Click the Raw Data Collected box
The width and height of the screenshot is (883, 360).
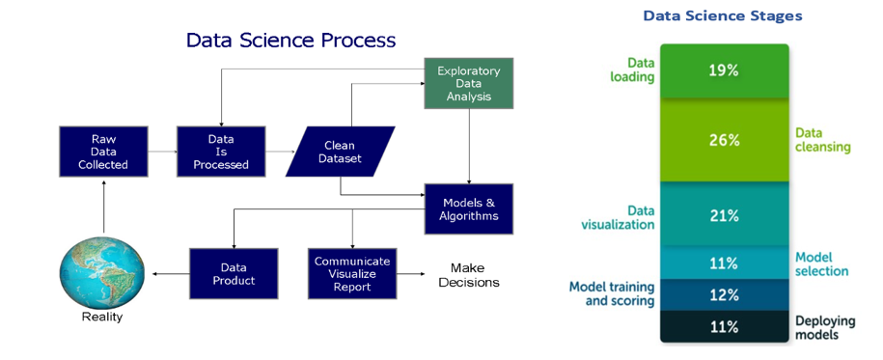103,152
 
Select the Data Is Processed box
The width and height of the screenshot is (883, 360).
221,152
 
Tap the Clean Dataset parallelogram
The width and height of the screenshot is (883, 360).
340,152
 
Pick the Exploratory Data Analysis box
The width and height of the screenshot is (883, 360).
469,83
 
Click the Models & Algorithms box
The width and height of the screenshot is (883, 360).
469,209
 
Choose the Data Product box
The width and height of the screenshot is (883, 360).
234,273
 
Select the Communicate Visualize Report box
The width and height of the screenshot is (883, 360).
352,273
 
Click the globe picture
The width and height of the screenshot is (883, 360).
102,273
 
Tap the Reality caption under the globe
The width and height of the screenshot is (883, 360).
102,317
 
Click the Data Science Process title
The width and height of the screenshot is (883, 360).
290,40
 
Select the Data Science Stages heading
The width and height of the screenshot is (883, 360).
723,15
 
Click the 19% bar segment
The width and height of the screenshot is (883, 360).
724,71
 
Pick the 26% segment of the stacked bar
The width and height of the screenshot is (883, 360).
724,140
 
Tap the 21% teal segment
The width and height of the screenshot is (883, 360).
724,214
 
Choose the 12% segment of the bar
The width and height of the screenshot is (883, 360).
724,294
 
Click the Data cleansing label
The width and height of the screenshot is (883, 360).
823,140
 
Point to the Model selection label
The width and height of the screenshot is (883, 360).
821,264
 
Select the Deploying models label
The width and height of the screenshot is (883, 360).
825,328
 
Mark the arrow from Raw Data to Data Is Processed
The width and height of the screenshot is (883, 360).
162,152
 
